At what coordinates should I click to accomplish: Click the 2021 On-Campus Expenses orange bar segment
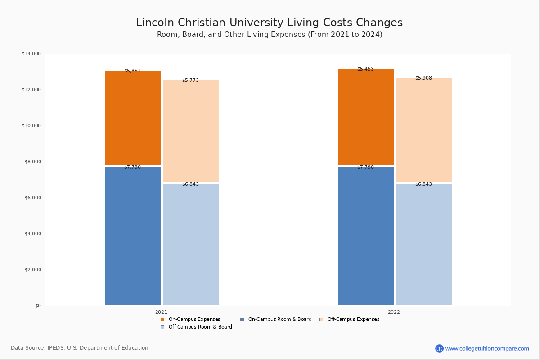point(133,117)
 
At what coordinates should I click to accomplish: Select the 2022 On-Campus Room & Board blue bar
point(366,236)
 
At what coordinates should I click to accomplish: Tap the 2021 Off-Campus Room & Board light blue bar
point(191,244)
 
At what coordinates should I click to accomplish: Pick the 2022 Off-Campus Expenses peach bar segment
point(424,130)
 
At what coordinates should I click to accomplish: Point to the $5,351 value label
point(132,71)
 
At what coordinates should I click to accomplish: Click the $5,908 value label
point(423,78)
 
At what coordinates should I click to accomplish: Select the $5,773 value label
point(190,80)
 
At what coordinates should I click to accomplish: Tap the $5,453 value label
point(365,69)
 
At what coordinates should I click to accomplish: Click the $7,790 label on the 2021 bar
point(132,167)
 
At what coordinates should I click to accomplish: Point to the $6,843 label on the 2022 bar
point(423,184)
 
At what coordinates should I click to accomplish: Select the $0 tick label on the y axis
point(38,306)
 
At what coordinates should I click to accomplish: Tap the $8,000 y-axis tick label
point(33,162)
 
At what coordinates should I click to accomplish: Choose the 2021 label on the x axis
point(161,312)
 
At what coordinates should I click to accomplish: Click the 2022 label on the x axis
point(394,312)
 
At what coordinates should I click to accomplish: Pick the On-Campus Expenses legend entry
point(190,319)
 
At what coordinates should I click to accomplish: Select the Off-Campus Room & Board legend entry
point(196,327)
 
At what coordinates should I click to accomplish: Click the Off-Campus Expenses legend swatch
point(321,319)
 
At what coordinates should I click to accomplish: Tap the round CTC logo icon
point(439,348)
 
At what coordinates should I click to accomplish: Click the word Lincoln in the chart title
point(155,22)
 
